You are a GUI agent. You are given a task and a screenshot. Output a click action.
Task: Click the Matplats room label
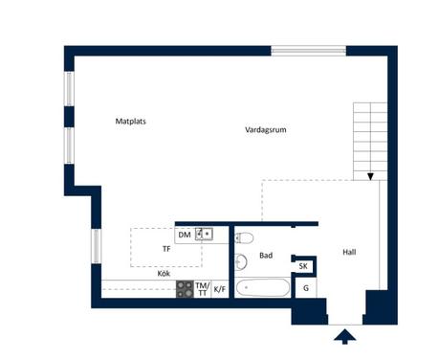(130, 122)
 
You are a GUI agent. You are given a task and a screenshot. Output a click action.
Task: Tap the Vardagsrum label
(266, 129)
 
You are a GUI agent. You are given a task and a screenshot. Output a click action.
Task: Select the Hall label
(349, 252)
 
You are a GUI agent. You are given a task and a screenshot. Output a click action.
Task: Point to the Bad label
(266, 256)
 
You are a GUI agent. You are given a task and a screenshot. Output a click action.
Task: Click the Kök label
(164, 274)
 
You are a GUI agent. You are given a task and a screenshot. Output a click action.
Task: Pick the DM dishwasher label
(185, 235)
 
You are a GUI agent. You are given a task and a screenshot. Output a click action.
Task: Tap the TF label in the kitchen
(166, 249)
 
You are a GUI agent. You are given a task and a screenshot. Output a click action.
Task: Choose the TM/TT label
(203, 289)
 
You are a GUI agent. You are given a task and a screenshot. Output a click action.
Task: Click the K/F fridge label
(220, 289)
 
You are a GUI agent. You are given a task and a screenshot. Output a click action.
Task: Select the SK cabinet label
(303, 266)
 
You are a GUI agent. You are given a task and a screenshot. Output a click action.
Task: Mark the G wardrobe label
(306, 288)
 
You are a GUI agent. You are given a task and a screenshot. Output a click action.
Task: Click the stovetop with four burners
(185, 289)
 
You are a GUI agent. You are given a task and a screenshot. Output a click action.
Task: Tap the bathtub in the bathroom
(263, 287)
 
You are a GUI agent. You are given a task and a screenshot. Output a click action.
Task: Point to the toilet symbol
(244, 238)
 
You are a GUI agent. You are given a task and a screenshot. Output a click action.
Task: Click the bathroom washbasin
(241, 262)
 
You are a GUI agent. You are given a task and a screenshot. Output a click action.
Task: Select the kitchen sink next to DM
(204, 234)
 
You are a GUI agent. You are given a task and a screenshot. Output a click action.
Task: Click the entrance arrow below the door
(345, 337)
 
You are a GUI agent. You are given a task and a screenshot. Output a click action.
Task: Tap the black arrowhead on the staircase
(370, 176)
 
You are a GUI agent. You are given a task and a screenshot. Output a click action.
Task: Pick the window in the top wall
(309, 51)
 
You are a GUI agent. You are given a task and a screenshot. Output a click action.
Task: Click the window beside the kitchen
(97, 246)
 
